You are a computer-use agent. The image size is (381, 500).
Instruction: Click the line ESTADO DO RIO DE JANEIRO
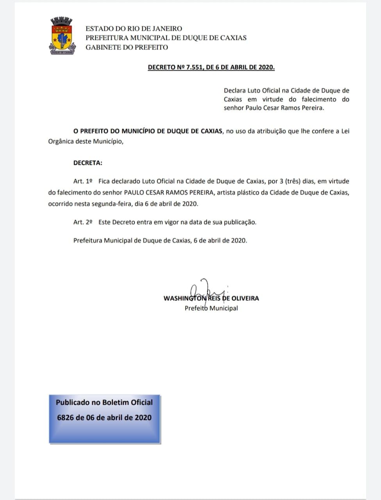134,29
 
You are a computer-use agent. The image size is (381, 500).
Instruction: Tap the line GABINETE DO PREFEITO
127,47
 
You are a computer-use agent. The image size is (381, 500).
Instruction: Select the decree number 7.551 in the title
194,67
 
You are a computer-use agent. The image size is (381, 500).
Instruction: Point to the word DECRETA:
88,163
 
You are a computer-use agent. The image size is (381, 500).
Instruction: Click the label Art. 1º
83,181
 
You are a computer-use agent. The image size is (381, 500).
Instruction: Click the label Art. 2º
83,222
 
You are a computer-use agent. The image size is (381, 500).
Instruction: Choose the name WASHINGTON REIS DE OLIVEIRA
211,298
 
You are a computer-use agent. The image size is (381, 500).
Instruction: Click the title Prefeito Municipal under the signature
211,308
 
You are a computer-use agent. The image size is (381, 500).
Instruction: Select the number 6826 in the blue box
65,417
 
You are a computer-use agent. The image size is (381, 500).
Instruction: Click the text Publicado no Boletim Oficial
104,402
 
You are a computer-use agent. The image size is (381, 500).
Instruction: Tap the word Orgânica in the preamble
60,141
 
